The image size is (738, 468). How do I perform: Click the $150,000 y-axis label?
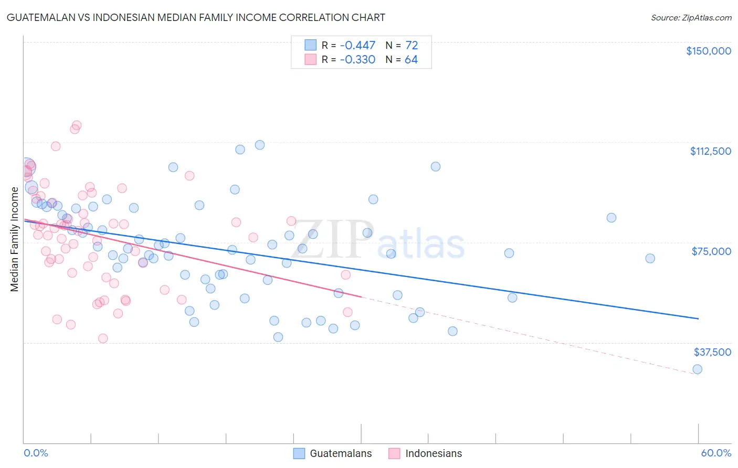708,51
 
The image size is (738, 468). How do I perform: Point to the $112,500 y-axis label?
710,151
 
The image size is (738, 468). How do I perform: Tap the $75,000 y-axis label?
711,251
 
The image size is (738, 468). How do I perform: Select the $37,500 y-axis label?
712,352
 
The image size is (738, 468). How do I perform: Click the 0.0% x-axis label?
36,453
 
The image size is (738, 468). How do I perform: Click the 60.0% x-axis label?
716,453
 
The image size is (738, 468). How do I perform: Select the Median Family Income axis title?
15,239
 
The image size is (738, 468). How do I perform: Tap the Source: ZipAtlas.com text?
691,18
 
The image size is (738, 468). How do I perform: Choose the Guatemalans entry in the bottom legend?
340,453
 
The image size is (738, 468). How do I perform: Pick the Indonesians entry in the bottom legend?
434,453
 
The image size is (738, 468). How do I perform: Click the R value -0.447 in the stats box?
357,46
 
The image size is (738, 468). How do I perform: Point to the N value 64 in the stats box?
411,60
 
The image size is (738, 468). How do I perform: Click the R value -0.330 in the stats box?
357,60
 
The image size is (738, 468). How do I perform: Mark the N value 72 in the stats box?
412,46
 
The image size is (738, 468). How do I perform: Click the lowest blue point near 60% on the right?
697,369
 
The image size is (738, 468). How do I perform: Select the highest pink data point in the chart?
77,125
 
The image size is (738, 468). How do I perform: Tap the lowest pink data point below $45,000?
103,338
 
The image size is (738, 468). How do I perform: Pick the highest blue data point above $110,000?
259,145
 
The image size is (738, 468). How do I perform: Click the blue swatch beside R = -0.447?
311,46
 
